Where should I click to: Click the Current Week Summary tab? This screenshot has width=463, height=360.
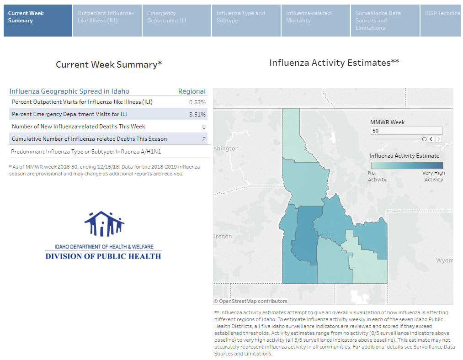(38, 21)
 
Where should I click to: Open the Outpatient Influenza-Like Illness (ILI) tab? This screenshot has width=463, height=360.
(107, 21)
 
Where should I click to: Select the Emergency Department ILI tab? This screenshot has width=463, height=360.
(177, 21)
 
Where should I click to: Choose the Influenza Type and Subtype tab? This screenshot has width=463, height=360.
(246, 21)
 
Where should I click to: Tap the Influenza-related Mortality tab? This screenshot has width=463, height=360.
(316, 21)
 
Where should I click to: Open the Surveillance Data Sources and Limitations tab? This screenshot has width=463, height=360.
(385, 21)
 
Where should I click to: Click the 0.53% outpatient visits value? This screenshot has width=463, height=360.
(197, 102)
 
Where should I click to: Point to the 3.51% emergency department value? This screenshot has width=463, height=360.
(197, 114)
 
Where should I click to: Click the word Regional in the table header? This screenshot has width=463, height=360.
(192, 91)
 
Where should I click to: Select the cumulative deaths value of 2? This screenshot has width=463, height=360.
(204, 139)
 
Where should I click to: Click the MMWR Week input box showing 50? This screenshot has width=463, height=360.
(406, 131)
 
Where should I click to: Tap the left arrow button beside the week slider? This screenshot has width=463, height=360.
(431, 139)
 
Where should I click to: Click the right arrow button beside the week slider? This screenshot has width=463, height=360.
(439, 139)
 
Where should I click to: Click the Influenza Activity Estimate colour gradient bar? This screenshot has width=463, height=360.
(407, 165)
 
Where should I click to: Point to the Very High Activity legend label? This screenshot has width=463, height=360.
(434, 176)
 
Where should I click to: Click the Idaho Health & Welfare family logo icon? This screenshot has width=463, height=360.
(104, 224)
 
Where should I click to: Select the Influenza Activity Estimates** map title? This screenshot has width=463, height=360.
(334, 63)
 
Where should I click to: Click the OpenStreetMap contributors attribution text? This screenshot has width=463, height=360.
(250, 301)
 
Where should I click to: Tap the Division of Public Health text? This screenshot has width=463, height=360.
(103, 256)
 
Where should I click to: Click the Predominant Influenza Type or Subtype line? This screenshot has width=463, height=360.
(86, 151)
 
